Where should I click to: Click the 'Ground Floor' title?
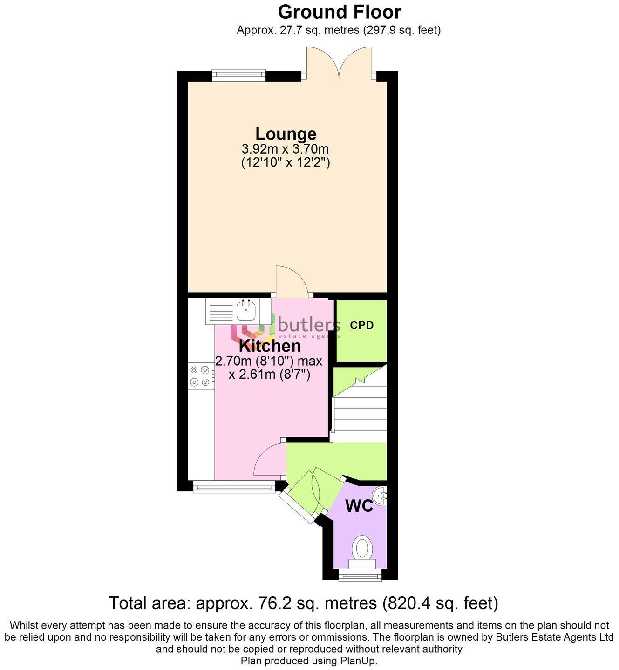340,11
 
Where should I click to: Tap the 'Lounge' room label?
286,134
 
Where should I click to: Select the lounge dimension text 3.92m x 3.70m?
285,149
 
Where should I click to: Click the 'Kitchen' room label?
270,346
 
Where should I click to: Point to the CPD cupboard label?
362,326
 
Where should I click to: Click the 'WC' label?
359,506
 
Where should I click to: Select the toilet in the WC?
362,549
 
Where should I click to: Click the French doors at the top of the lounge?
339,65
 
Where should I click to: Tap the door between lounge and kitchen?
291,281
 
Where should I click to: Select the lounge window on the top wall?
238,75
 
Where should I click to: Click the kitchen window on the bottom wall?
234,487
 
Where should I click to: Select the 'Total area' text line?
303,603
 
